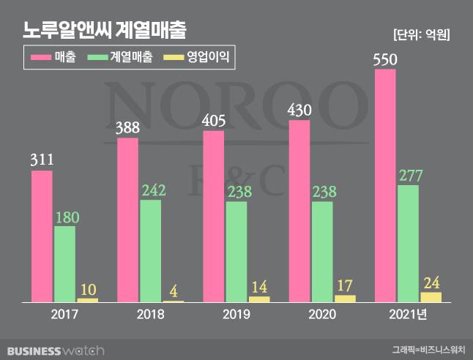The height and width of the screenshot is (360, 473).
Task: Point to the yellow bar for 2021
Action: point(431,296)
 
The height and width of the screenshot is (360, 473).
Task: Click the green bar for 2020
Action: point(322,251)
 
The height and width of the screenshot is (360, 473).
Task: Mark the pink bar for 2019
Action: point(213,217)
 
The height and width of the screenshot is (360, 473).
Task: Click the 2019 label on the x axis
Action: point(236,315)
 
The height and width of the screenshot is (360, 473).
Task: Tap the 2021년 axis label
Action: point(408,315)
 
